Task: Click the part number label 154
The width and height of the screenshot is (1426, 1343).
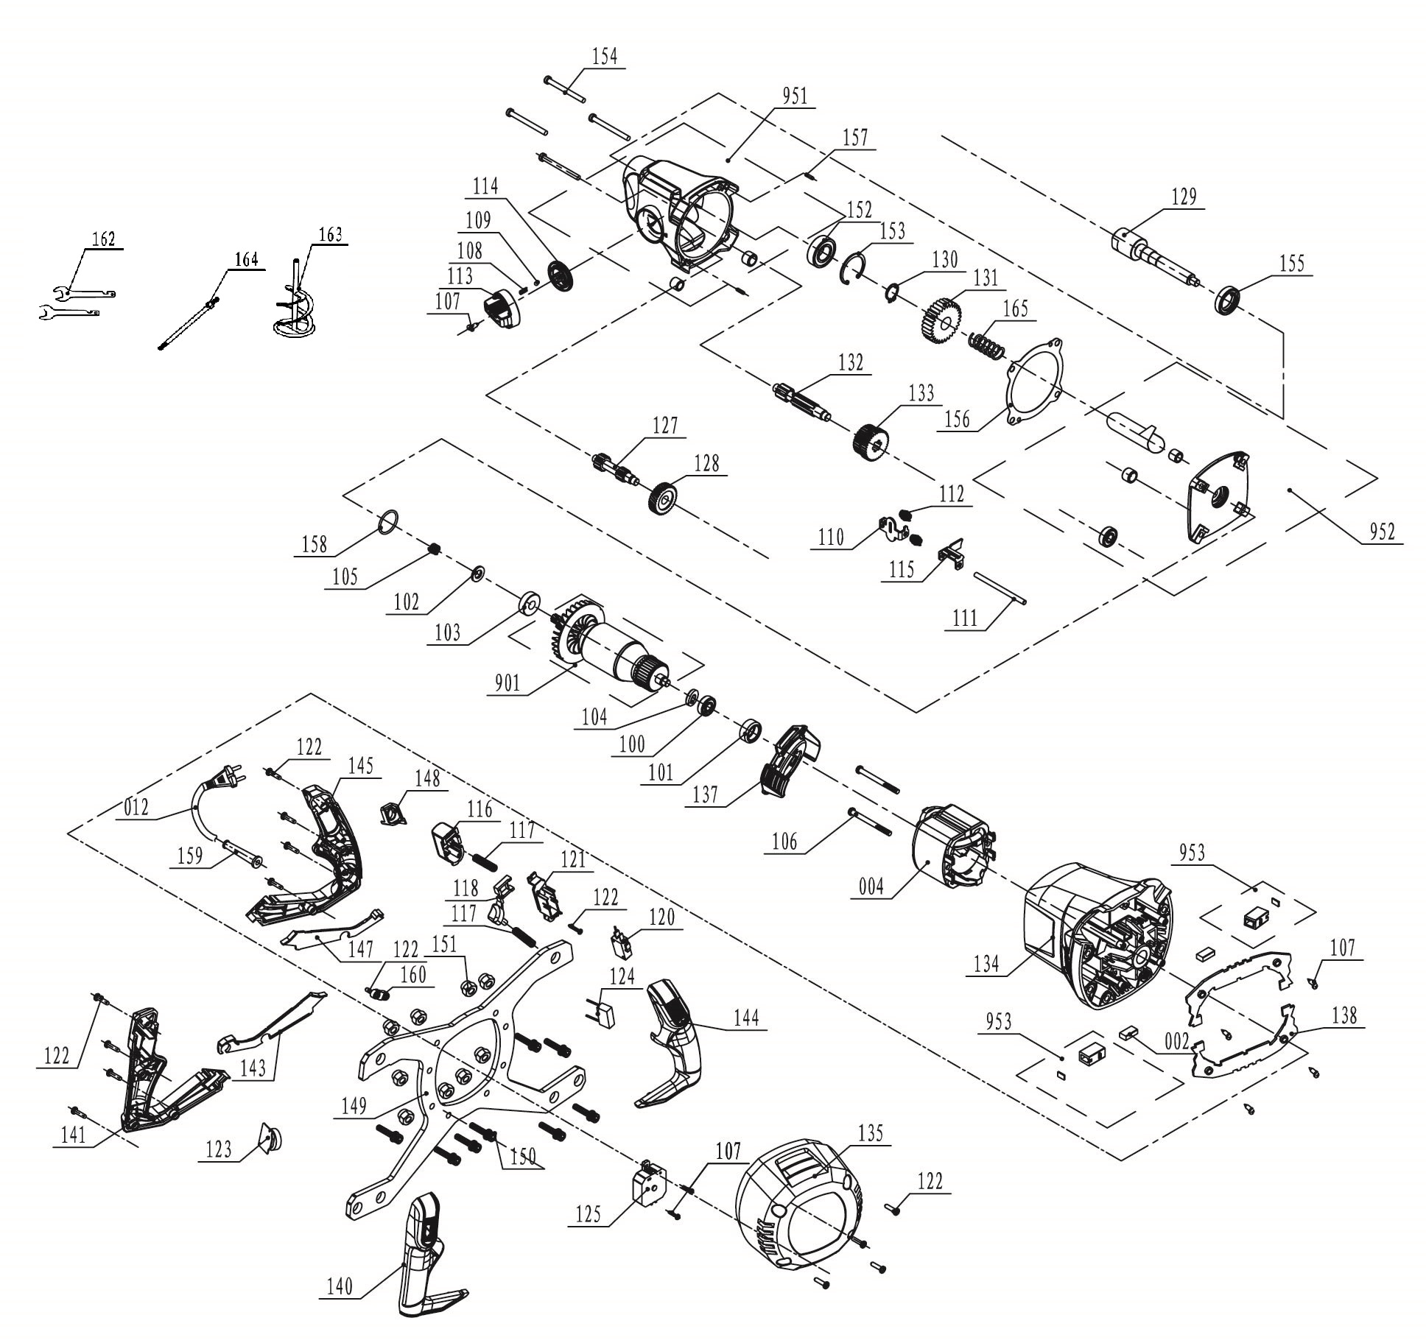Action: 605,57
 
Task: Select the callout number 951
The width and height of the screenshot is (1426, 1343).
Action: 795,96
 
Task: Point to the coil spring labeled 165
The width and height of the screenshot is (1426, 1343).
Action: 987,346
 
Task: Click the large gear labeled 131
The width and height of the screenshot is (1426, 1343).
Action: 940,317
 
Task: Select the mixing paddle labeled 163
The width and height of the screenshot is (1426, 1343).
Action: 295,300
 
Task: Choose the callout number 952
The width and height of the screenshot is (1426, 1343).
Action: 1382,532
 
